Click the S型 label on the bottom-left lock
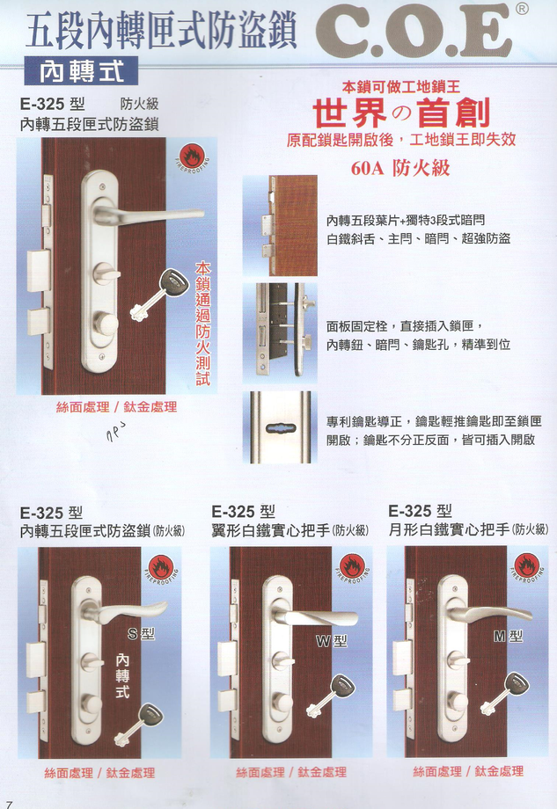coord(141,633)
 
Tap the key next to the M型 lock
coord(508,690)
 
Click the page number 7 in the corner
coord(9,803)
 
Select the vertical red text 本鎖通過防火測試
coord(203,325)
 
